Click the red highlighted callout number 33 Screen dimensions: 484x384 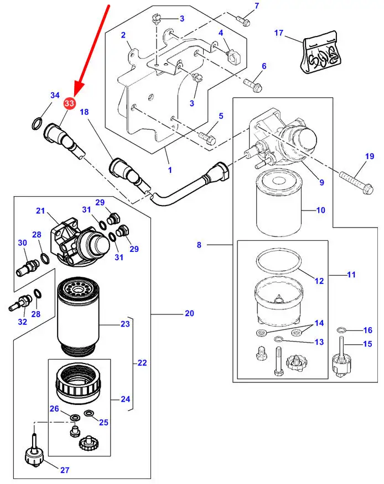(70, 103)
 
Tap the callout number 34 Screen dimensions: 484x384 (55, 96)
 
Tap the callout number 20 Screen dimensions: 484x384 (189, 314)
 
